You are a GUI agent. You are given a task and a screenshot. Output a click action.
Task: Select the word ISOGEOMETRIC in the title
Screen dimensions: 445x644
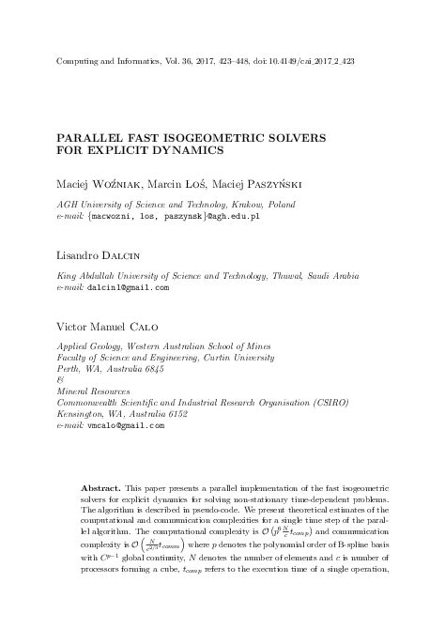(x=223, y=137)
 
